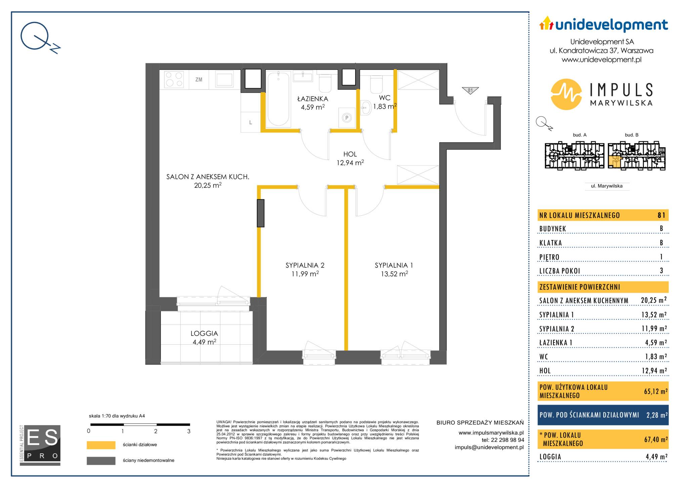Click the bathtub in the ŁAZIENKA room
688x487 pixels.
[x=278, y=99]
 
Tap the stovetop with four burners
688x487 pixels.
[x=174, y=79]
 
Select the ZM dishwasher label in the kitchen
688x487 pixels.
[x=199, y=80]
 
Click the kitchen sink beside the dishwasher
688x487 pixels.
[x=224, y=80]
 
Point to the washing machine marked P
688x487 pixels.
[x=347, y=118]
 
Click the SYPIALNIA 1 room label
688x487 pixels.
[x=394, y=265]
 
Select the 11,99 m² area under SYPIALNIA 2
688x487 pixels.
[x=305, y=274]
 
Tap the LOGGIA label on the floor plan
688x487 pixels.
[x=204, y=334]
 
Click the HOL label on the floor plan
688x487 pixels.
[x=350, y=154]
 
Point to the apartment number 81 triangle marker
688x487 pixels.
[x=470, y=90]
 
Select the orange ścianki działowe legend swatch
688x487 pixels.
[x=101, y=445]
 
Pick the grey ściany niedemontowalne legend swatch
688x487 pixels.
[x=101, y=460]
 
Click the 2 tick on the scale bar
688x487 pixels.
[x=156, y=431]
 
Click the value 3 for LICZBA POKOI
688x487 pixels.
[x=661, y=270]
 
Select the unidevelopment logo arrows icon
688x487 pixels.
[x=546, y=23]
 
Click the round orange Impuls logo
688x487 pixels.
[x=566, y=94]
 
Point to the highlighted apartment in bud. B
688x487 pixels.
[x=614, y=162]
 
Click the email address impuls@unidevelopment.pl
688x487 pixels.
[x=489, y=447]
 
